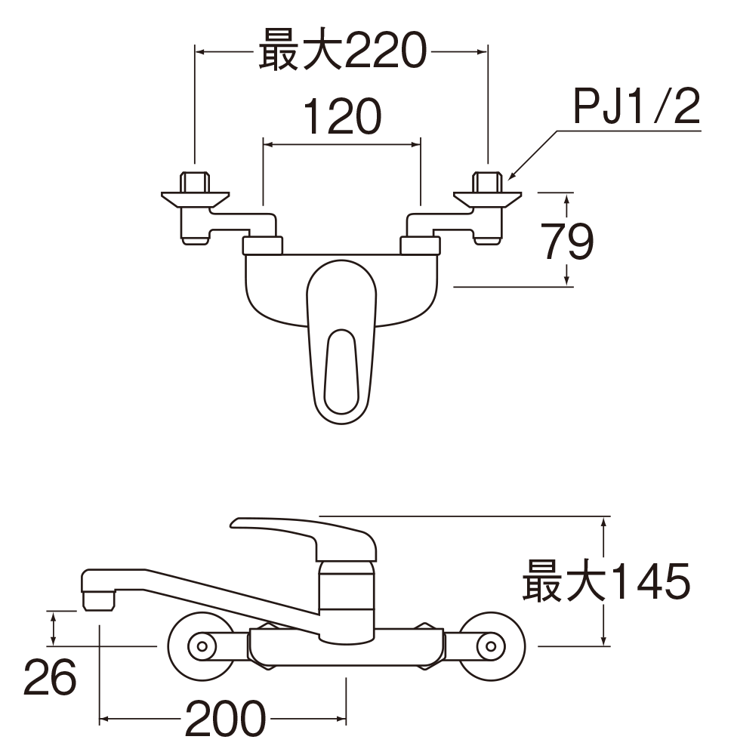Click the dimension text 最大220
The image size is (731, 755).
click(342, 51)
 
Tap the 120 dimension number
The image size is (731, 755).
click(342, 116)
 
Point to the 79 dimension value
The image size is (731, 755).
click(568, 241)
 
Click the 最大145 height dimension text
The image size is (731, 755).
click(606, 581)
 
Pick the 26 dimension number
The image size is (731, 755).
click(50, 677)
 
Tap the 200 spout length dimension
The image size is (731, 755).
click(225, 719)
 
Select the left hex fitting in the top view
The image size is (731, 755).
click(195, 181)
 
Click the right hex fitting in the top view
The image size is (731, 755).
click(487, 181)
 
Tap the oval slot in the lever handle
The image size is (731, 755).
click(341, 371)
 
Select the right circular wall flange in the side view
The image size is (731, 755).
click(491, 646)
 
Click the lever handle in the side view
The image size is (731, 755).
click(304, 538)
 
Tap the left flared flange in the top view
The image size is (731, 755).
click(195, 200)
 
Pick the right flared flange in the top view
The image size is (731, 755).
click(487, 200)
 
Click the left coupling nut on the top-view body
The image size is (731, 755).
click(263, 245)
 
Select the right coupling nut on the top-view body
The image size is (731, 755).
click(420, 245)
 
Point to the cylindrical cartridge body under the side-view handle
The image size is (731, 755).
click(346, 602)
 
